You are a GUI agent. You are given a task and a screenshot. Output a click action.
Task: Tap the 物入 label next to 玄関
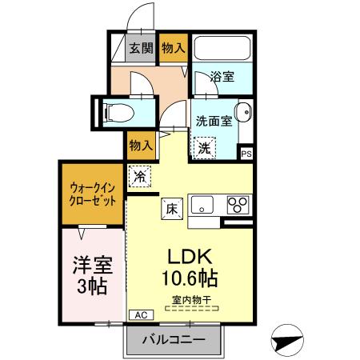[174, 48]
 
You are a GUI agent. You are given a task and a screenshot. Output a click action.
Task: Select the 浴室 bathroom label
[222, 77]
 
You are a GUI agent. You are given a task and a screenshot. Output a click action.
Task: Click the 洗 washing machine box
[205, 147]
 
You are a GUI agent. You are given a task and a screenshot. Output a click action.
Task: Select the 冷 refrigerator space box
[140, 174]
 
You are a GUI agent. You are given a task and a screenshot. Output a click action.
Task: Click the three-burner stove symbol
[238, 204]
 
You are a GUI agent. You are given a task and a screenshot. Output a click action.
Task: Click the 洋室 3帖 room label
[91, 274]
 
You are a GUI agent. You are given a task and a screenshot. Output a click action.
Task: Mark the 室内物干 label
[190, 301]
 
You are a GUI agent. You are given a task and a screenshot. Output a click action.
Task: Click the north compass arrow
[287, 340]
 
